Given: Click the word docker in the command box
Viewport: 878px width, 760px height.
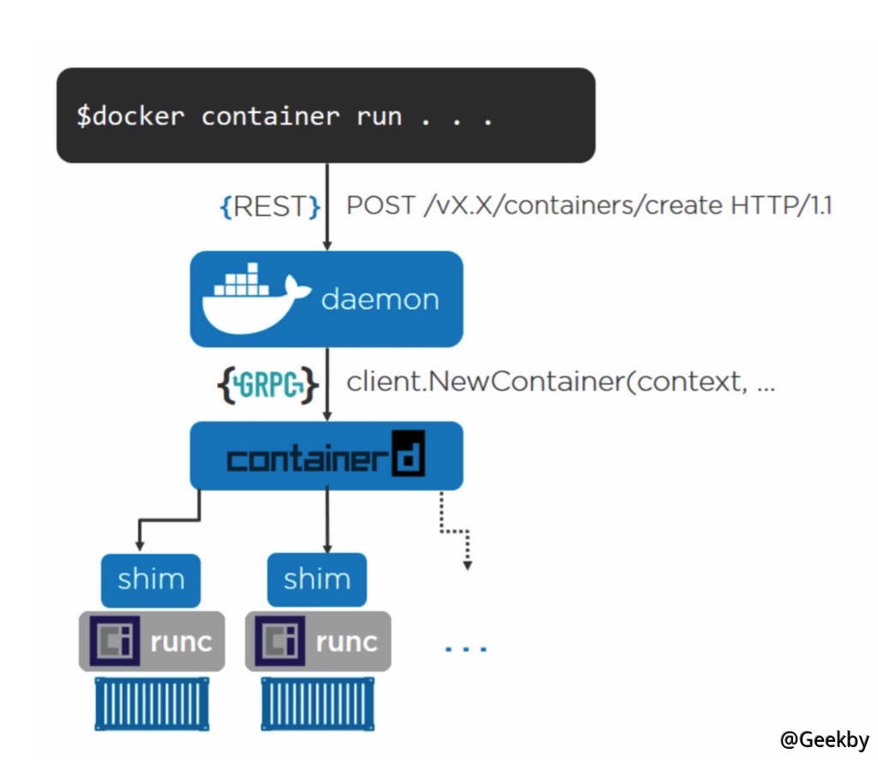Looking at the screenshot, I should (x=137, y=117).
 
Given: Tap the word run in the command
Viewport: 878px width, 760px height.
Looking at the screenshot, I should (x=379, y=117).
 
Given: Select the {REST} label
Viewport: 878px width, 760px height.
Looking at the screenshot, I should (x=271, y=206).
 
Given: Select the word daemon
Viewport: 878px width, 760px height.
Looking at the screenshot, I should (x=380, y=299).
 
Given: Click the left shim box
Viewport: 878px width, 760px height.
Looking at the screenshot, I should (x=151, y=580).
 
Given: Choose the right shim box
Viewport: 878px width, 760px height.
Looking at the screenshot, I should (x=316, y=580).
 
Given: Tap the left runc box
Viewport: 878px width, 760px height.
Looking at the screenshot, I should (x=152, y=641).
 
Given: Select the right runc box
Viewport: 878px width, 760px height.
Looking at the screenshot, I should (x=317, y=641).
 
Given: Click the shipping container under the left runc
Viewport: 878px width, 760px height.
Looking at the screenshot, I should (x=152, y=703).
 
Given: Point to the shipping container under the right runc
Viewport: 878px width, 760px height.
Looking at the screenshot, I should (x=317, y=703).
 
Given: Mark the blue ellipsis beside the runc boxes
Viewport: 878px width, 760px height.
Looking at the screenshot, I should (x=466, y=648).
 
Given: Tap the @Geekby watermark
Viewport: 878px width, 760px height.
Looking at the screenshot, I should (x=824, y=739).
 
